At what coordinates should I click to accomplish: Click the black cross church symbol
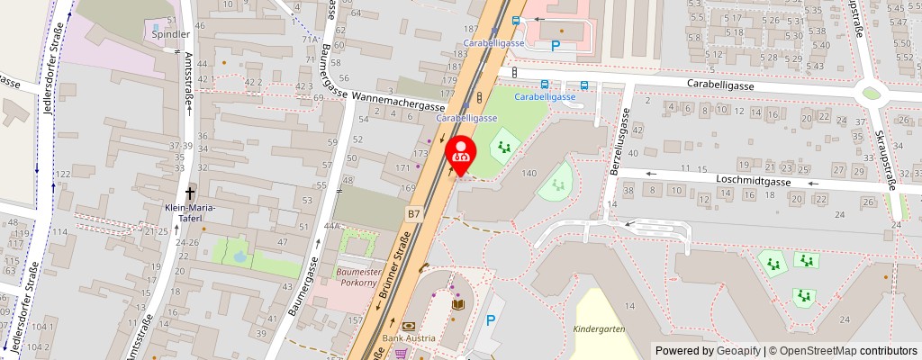(191, 193)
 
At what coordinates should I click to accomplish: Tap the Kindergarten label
(599, 329)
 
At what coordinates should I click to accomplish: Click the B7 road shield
(413, 214)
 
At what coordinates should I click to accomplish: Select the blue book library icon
(457, 306)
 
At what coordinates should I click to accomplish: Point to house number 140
(529, 173)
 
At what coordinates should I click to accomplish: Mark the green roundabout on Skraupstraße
(871, 92)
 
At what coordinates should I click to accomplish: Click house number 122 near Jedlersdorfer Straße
(63, 174)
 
